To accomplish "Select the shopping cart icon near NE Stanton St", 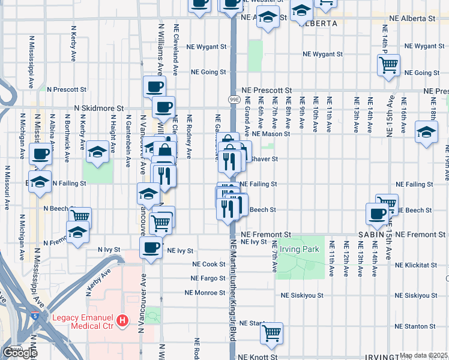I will point(272,332).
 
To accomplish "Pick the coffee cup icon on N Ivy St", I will point(151,247).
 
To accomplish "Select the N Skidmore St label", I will point(98,109).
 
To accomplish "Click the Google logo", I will point(20,353).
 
